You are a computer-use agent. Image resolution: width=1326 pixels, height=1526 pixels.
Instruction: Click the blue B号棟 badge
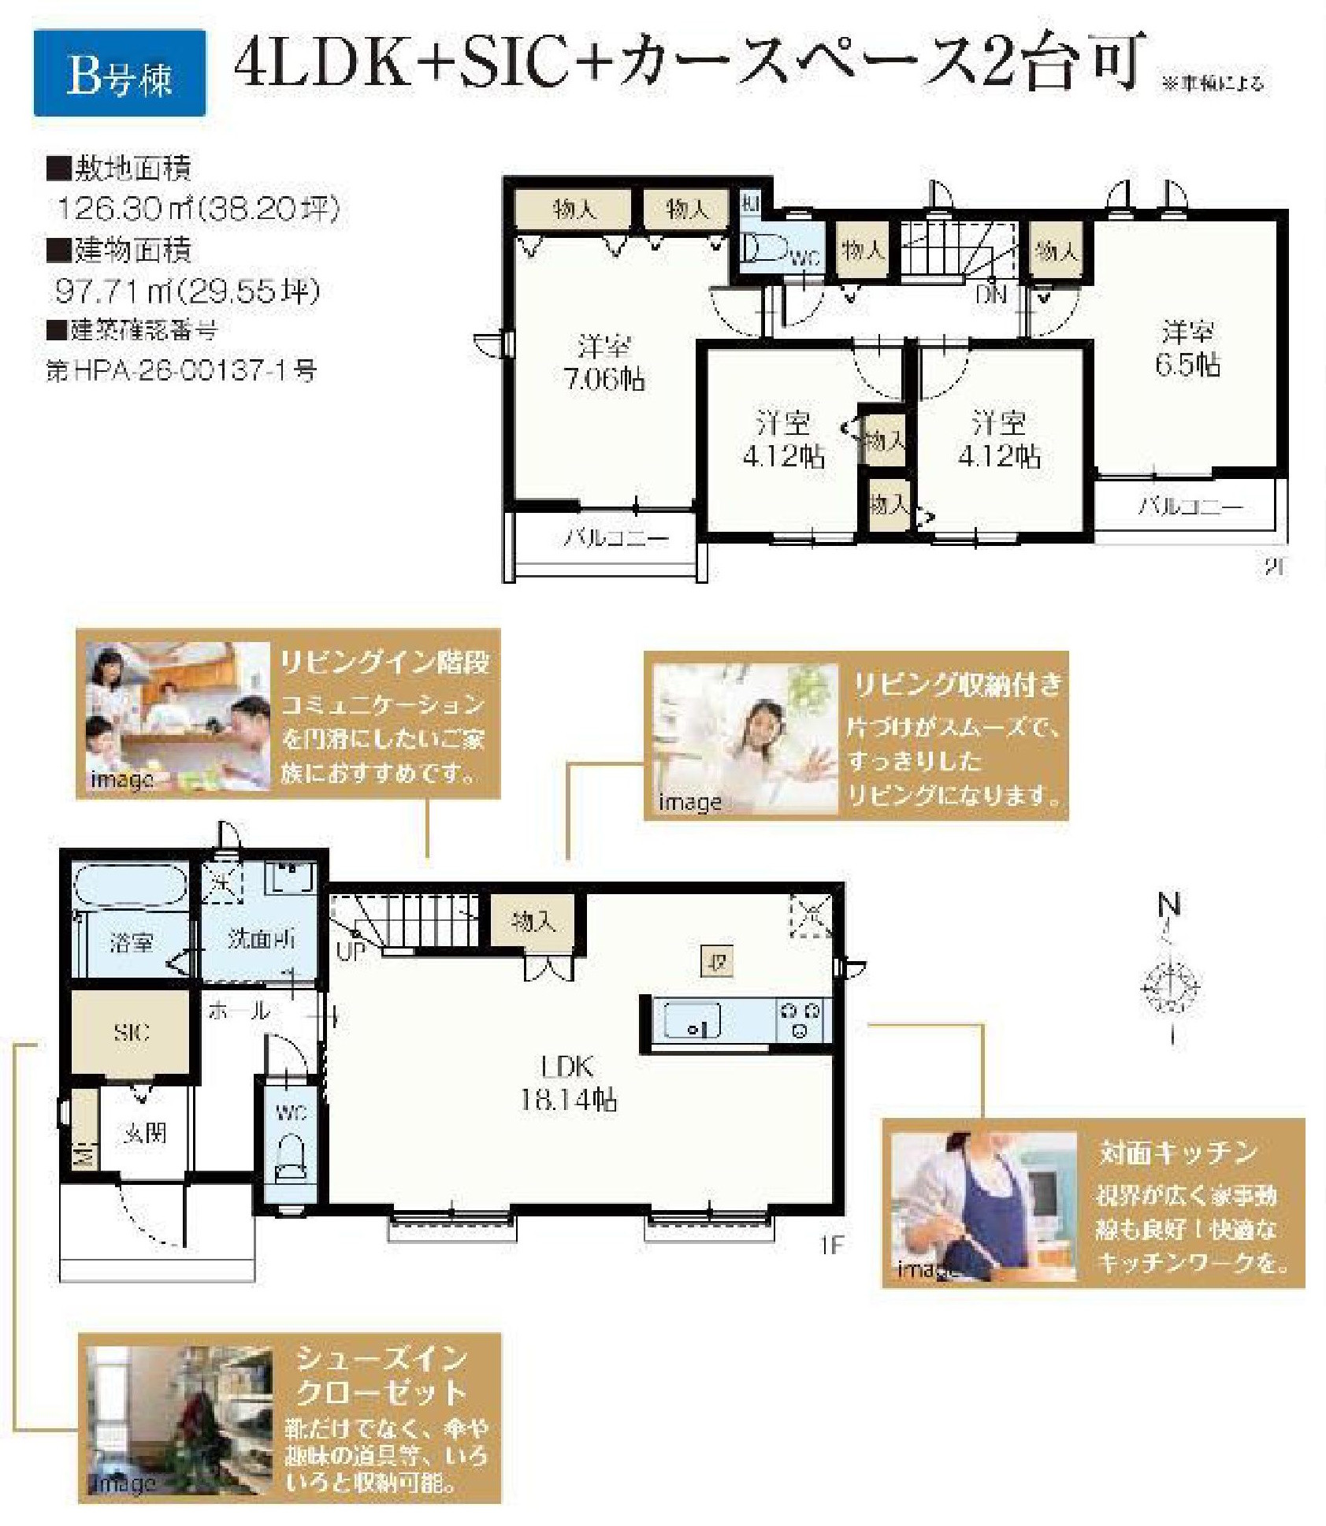(120, 73)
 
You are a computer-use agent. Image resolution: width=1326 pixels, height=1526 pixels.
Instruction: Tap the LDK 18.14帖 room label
(567, 1083)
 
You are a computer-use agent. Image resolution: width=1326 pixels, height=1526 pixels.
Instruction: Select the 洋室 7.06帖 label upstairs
(604, 362)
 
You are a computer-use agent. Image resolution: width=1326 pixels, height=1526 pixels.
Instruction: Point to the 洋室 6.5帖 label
(1187, 348)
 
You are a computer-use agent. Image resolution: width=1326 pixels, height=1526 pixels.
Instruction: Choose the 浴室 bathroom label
(132, 941)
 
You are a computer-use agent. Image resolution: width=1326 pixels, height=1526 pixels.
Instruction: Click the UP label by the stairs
(351, 951)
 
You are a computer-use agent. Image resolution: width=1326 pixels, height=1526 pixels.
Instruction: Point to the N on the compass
(1171, 906)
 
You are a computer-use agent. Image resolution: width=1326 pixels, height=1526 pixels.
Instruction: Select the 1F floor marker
(831, 1245)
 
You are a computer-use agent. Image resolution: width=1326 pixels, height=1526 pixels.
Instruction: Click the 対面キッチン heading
(1177, 1153)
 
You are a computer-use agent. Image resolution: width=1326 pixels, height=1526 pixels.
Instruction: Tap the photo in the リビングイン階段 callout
(178, 715)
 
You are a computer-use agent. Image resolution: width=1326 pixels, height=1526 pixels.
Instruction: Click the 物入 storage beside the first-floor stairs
(533, 920)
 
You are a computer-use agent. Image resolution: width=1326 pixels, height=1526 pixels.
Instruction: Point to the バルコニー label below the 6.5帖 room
(1190, 507)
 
